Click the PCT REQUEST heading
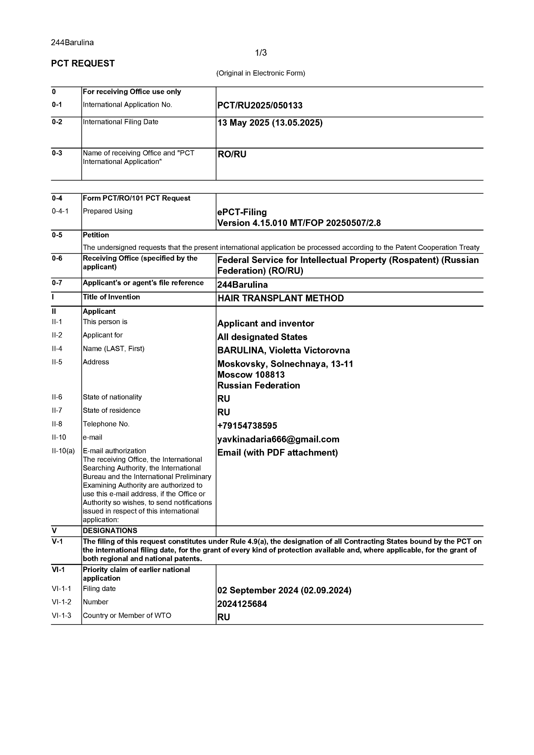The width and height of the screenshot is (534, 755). click(x=83, y=64)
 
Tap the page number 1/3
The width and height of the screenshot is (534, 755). click(x=261, y=53)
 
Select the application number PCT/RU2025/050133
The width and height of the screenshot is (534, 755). click(x=260, y=105)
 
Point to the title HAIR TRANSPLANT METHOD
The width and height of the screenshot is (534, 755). click(x=281, y=298)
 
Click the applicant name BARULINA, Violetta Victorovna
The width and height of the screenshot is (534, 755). click(x=284, y=350)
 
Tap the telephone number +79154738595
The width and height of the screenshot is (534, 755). click(x=247, y=426)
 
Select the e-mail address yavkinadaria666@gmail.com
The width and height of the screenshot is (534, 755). click(x=278, y=439)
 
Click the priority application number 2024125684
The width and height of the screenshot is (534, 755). click(x=242, y=604)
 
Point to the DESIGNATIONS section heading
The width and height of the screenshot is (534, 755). click(x=110, y=531)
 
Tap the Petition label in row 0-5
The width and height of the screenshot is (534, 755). click(x=96, y=235)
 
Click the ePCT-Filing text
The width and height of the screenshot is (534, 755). click(x=242, y=212)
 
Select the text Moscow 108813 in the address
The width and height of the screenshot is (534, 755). click(x=251, y=374)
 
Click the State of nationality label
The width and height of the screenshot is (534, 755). click(x=112, y=397)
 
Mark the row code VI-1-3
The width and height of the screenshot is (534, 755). click(x=62, y=616)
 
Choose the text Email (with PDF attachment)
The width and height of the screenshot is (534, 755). click(x=278, y=453)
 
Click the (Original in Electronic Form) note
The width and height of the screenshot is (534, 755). click(x=260, y=73)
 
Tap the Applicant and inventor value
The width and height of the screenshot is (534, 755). click(x=265, y=324)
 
